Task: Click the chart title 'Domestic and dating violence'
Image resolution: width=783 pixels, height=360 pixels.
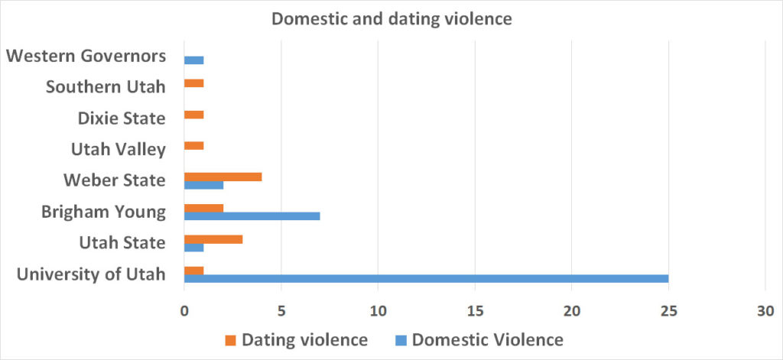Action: (x=391, y=18)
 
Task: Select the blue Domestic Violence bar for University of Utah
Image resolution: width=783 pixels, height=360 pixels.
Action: (x=426, y=278)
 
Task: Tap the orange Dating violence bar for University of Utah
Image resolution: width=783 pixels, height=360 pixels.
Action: (x=193, y=270)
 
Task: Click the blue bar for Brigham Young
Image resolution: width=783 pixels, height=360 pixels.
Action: (x=252, y=216)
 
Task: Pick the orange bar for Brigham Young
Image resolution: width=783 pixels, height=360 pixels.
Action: (x=203, y=208)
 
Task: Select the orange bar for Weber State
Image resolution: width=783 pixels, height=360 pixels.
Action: (x=223, y=177)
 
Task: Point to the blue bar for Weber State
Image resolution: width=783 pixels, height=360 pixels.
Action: (x=203, y=185)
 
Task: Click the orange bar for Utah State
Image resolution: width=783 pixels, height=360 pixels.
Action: (x=213, y=239)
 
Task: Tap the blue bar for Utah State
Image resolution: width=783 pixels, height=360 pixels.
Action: (x=193, y=248)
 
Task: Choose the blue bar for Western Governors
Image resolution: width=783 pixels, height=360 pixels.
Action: (x=193, y=60)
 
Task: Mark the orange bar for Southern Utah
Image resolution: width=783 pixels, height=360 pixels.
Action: (x=193, y=83)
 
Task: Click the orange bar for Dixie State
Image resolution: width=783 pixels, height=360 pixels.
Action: (x=193, y=115)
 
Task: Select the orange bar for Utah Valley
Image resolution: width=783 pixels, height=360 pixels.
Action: (x=193, y=145)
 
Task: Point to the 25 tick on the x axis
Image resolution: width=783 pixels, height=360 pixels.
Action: (x=668, y=311)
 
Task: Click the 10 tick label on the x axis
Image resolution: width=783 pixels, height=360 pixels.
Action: (x=378, y=311)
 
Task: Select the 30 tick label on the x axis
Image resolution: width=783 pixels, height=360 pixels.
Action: (x=765, y=311)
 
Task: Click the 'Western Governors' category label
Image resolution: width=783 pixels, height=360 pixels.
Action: (x=86, y=56)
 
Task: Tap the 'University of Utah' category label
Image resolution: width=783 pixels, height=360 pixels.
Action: (x=92, y=274)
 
